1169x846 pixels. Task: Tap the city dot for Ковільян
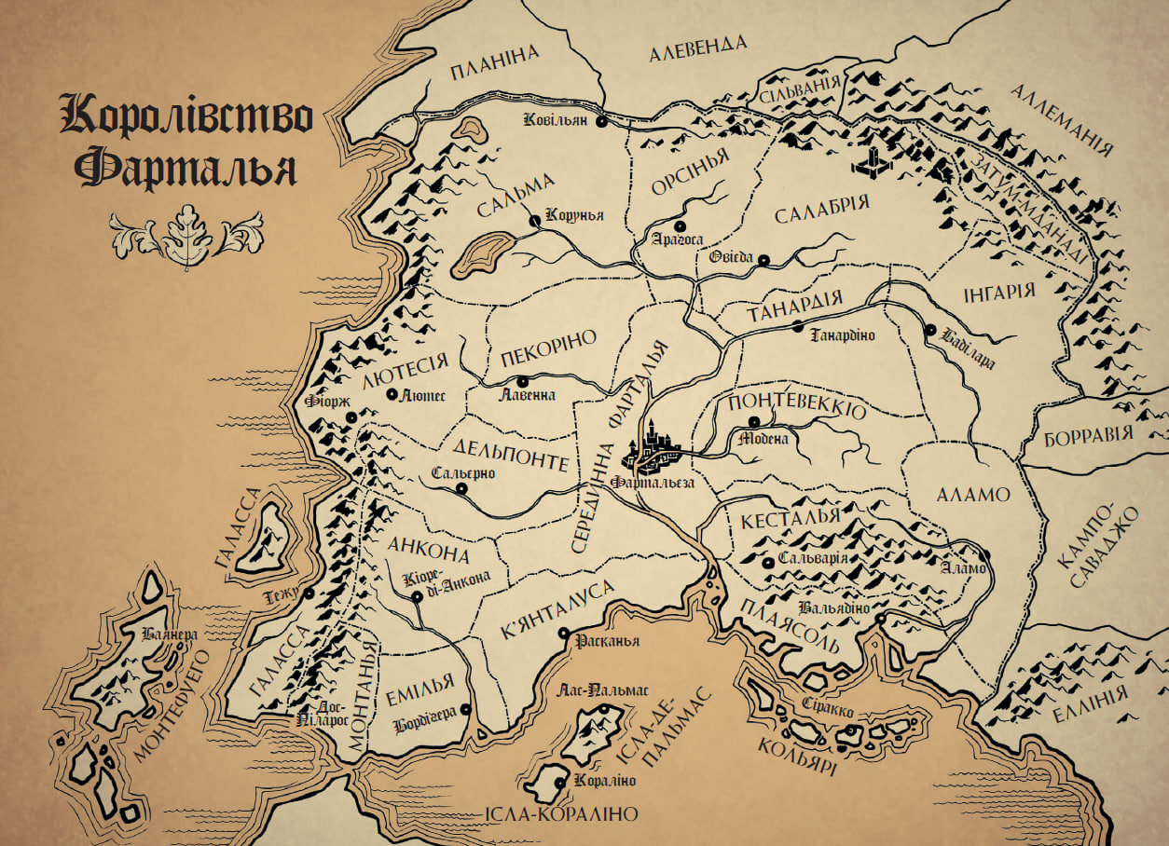click(x=601, y=121)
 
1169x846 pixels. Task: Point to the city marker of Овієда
click(x=763, y=260)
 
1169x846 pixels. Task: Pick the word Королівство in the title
click(x=186, y=116)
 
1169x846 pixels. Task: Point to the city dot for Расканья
click(x=563, y=634)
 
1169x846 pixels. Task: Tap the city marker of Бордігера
click(x=465, y=709)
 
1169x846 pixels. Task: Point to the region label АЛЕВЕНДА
click(x=699, y=48)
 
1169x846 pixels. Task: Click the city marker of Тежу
click(x=308, y=593)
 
